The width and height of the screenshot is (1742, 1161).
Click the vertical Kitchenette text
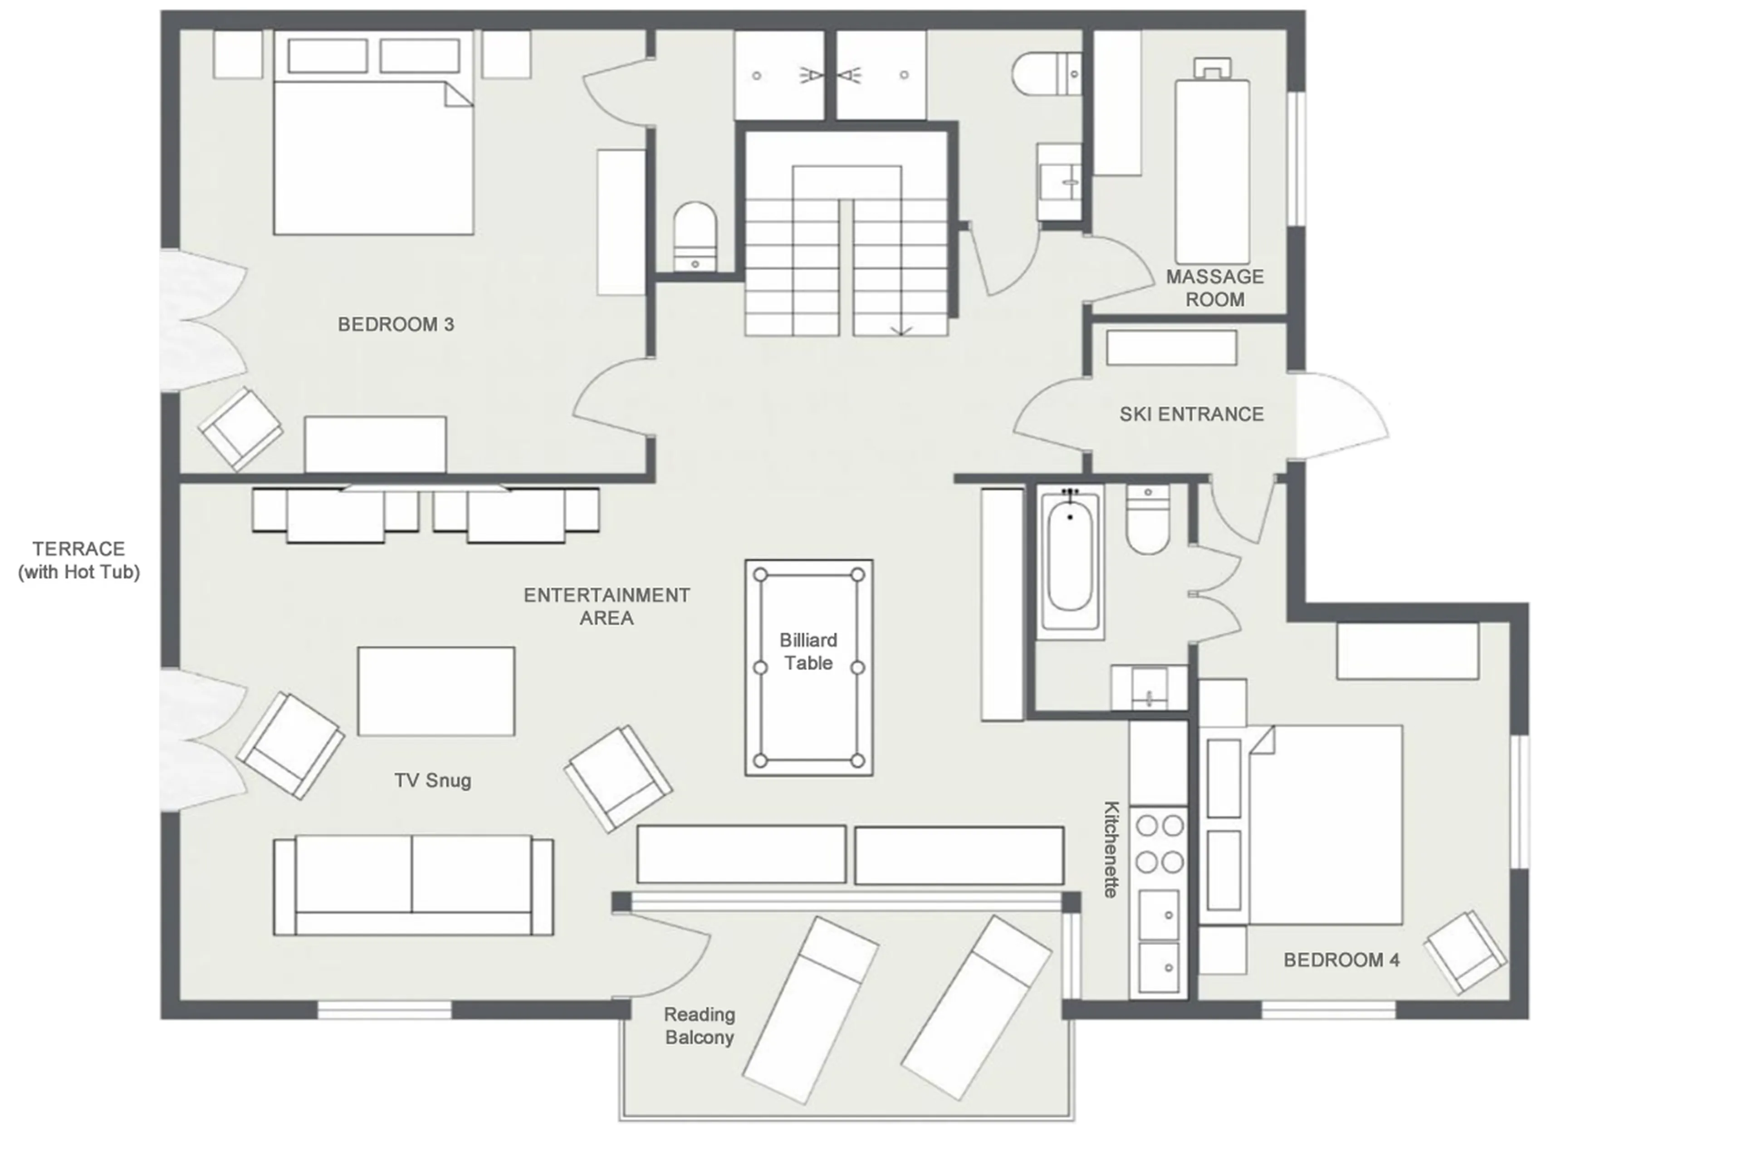coord(1111,849)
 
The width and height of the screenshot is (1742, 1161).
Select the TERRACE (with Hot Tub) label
coord(78,560)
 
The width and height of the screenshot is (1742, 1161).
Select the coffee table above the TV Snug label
coord(435,691)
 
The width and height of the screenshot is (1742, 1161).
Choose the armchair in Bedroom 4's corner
coord(1464,951)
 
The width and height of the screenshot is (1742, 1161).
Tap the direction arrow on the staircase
coord(901,330)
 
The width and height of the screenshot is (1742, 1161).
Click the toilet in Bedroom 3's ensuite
coord(695,235)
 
